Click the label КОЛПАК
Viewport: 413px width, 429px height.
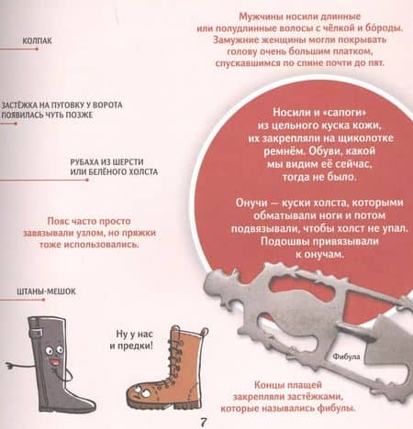[x=37, y=40]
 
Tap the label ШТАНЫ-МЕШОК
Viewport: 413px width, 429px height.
[x=46, y=291]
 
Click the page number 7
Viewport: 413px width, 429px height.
[x=204, y=423]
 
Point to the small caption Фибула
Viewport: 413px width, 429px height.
[x=346, y=357]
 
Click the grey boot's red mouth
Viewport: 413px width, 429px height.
[x=55, y=362]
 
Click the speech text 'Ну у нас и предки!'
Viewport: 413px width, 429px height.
[x=132, y=339]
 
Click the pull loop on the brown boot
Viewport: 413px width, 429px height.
[x=205, y=332]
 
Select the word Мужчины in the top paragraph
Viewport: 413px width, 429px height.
[x=261, y=16]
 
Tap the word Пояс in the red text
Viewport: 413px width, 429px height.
[x=58, y=221]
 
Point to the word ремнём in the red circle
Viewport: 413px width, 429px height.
[x=285, y=151]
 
